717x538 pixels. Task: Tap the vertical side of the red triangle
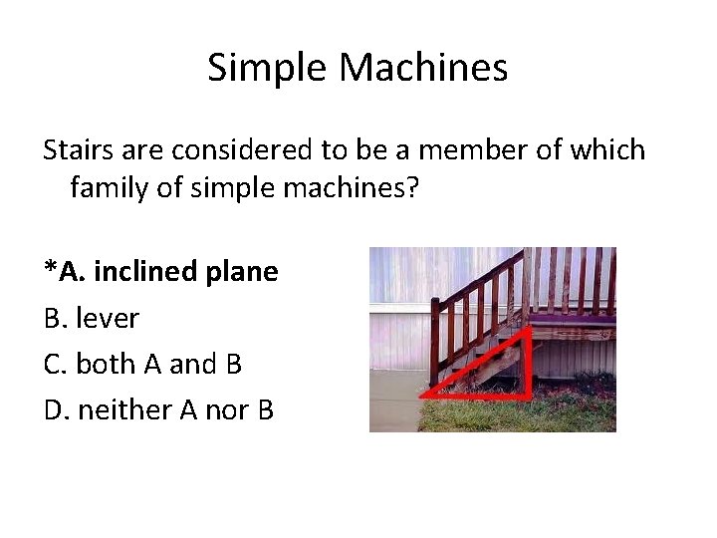click(525, 366)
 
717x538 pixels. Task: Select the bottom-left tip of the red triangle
click(422, 397)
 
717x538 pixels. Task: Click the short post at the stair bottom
click(434, 339)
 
